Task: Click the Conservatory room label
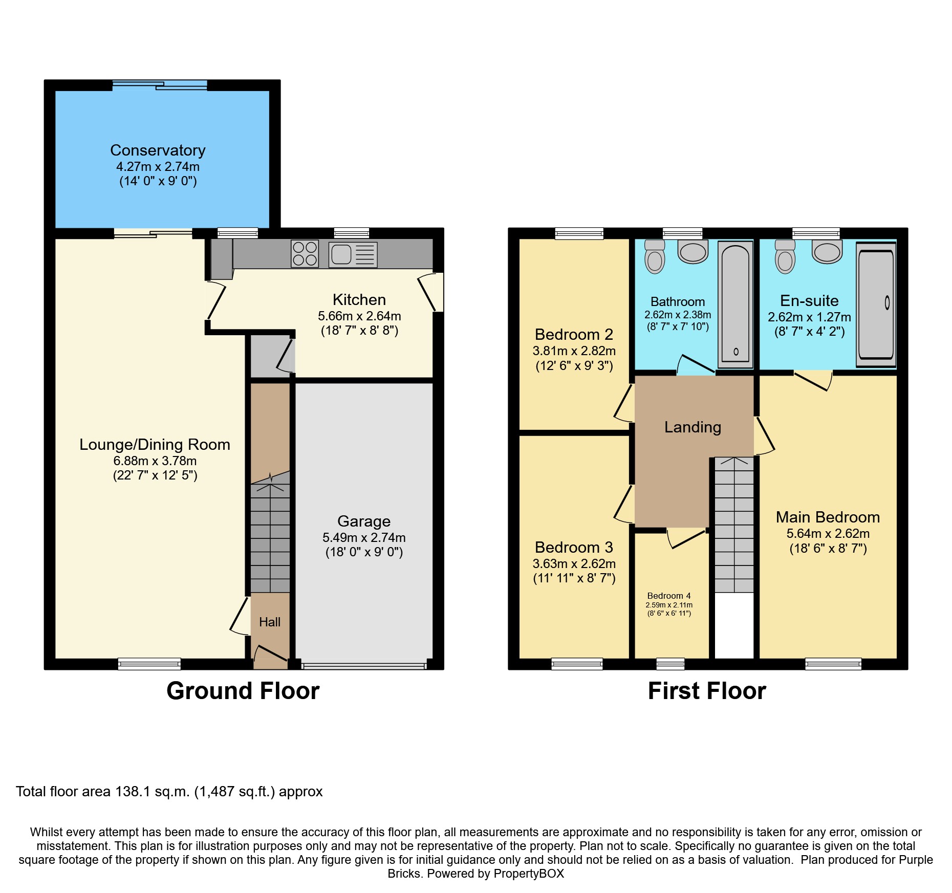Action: [158, 150]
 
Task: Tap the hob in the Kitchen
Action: [305, 254]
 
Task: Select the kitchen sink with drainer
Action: [353, 255]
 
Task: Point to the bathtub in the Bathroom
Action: [735, 304]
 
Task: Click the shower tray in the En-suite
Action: [876, 304]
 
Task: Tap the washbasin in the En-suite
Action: [827, 252]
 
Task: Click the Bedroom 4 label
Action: [669, 596]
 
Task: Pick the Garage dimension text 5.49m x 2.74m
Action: [364, 538]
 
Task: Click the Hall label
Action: [270, 622]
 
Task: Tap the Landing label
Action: [693, 427]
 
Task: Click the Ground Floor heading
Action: [243, 691]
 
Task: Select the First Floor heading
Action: [707, 691]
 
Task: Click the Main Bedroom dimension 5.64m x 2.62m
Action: [828, 534]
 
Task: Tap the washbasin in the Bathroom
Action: [693, 252]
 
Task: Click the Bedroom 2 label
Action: [574, 335]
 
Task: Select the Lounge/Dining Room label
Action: [155, 445]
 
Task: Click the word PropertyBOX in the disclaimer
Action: [529, 874]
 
